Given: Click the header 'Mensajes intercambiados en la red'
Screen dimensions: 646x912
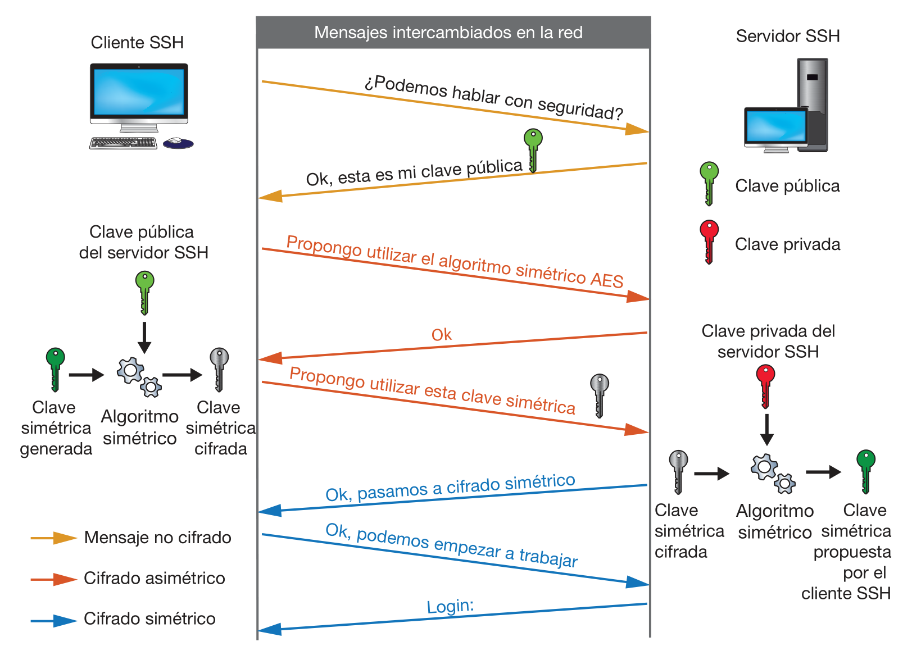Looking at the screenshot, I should pyautogui.click(x=448, y=33).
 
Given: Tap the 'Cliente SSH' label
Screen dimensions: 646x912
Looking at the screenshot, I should pyautogui.click(x=137, y=43).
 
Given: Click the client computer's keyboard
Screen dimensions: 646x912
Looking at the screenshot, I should pyautogui.click(x=123, y=143).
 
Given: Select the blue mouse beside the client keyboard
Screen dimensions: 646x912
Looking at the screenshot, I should pyautogui.click(x=178, y=143).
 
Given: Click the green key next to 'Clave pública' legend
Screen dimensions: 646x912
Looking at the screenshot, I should pyautogui.click(x=709, y=183).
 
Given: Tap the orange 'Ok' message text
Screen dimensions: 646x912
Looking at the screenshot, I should pyautogui.click(x=441, y=335).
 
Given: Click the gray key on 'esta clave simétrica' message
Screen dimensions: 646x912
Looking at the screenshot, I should pyautogui.click(x=599, y=395).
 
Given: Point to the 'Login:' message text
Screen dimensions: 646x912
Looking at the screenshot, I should pyautogui.click(x=450, y=607).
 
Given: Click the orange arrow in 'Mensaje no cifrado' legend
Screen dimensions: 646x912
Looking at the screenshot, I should pyautogui.click(x=53, y=538).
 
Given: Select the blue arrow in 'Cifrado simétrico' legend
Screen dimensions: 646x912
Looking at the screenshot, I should pyautogui.click(x=53, y=620).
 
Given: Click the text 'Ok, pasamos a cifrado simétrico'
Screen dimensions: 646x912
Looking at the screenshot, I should pyautogui.click(x=450, y=487).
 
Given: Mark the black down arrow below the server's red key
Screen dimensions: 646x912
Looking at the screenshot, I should pyautogui.click(x=766, y=430).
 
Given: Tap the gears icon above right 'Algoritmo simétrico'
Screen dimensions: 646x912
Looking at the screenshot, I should pyautogui.click(x=773, y=474).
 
